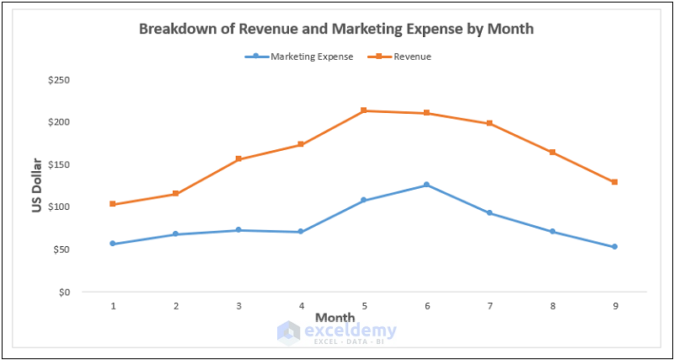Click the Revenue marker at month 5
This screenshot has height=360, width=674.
point(364,110)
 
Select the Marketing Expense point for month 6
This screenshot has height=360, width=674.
point(426,185)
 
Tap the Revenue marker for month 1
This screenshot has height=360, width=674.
point(113,204)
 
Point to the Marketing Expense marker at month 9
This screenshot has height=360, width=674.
point(615,247)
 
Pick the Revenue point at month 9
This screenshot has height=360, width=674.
point(615,182)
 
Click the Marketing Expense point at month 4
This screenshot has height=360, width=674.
point(301,232)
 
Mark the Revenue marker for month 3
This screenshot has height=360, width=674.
point(238,159)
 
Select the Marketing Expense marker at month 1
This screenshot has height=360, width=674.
point(113,244)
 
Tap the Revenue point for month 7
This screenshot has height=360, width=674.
point(489,124)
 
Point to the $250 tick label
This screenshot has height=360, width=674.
point(59,80)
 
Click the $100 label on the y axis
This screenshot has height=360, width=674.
point(59,207)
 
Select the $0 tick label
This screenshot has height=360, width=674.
point(64,293)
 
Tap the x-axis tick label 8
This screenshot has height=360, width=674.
point(552,305)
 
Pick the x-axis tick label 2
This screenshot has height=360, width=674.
point(175,305)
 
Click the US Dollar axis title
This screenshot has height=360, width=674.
point(37,185)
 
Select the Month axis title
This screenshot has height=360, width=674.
point(335,317)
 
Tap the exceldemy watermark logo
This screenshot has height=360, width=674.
point(289,332)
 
